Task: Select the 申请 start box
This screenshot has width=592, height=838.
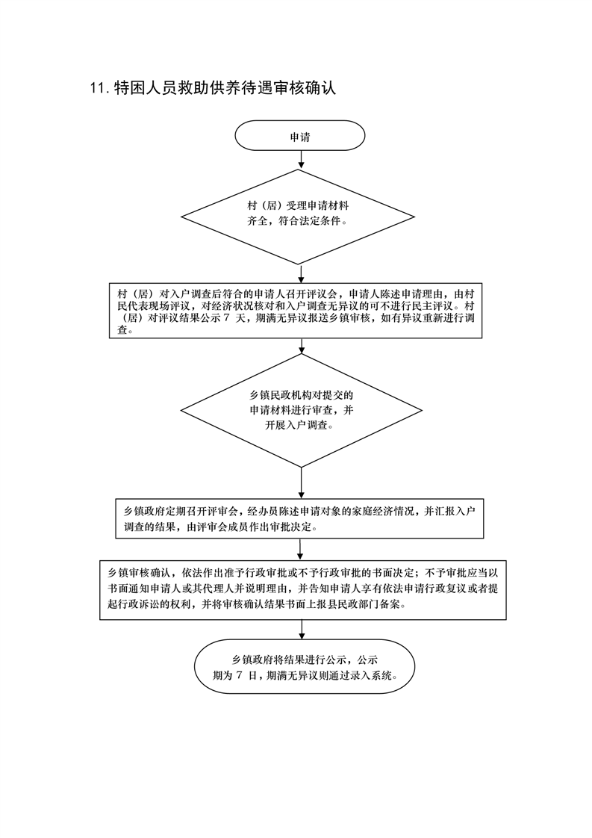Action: tap(300, 136)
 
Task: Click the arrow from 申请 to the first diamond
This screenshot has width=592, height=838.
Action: tap(301, 160)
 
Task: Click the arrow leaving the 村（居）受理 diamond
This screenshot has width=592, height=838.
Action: tap(302, 273)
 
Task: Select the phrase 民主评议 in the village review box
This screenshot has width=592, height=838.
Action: tap(431, 306)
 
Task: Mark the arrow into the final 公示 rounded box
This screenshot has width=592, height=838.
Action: tap(301, 630)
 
